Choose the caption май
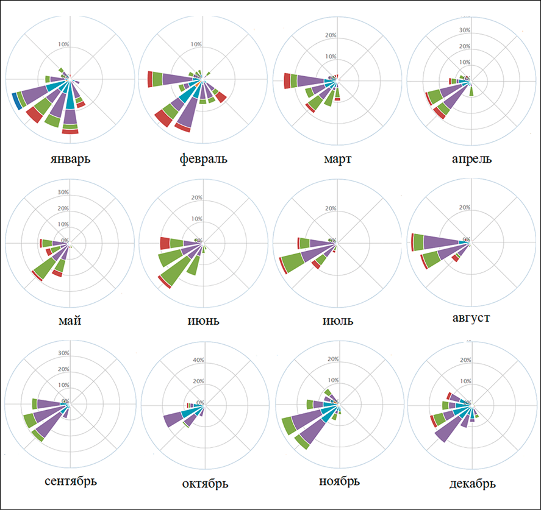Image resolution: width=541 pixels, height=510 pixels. (x=70, y=320)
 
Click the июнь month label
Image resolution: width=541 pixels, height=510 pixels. (x=204, y=320)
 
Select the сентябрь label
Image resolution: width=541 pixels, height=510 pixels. (x=71, y=481)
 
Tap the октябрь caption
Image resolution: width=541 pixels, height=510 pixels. (x=205, y=484)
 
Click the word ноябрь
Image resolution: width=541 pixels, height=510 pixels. (x=339, y=481)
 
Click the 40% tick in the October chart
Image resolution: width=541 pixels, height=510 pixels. (x=198, y=360)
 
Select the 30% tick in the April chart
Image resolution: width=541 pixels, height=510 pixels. (x=465, y=30)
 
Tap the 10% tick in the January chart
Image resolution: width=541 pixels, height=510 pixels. (x=63, y=44)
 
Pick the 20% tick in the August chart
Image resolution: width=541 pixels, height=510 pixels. (x=464, y=208)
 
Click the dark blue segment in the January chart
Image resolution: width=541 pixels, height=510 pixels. (x=16, y=101)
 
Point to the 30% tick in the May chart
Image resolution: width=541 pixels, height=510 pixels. (x=63, y=193)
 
